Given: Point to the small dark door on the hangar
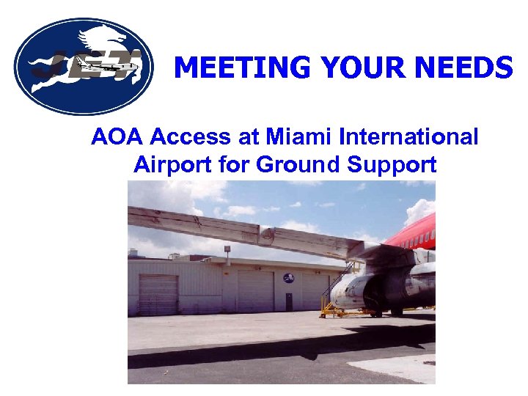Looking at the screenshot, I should [289, 301].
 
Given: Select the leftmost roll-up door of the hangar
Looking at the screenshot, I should [158, 294].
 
